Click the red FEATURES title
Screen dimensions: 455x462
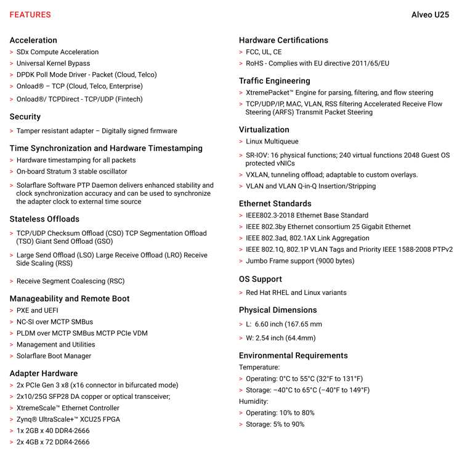pyautogui.click(x=30, y=15)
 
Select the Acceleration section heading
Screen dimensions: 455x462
pyautogui.click(x=33, y=40)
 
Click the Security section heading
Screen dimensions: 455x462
pyautogui.click(x=25, y=116)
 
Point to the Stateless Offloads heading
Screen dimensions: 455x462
pyautogui.click(x=44, y=219)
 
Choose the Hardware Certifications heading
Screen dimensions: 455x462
pyautogui.click(x=283, y=40)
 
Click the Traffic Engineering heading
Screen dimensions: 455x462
pyautogui.click(x=275, y=81)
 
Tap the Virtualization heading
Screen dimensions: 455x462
pyautogui.click(x=264, y=129)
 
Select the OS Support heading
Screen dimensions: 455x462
pyautogui.click(x=261, y=279)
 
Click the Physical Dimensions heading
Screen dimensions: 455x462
pyautogui.click(x=278, y=310)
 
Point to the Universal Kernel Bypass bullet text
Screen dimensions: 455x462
pyautogui.click(x=53, y=63)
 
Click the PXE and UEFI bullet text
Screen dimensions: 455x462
pyautogui.click(x=38, y=310)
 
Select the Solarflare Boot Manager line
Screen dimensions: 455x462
pyautogui.click(x=54, y=356)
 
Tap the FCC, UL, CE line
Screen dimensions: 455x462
pyautogui.click(x=264, y=52)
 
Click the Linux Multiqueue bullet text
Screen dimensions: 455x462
pyautogui.click(x=272, y=142)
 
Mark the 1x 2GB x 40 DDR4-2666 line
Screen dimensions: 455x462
pyautogui.click(x=53, y=431)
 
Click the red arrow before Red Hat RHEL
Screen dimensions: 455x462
pyautogui.click(x=241, y=293)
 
